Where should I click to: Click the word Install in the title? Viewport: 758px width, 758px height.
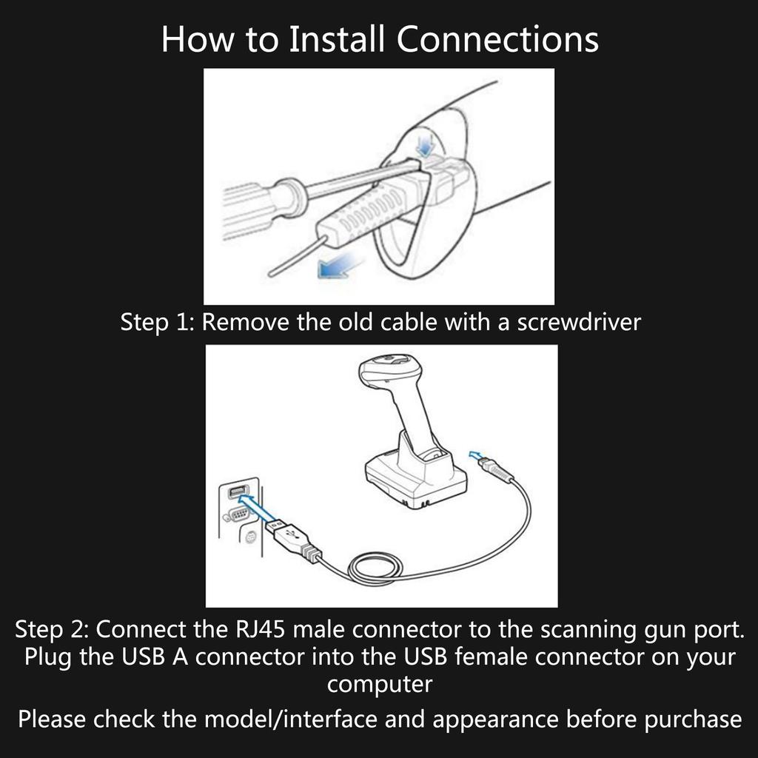tap(338, 39)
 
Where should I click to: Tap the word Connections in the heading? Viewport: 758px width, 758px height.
tap(497, 39)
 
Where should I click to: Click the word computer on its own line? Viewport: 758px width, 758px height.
tap(379, 684)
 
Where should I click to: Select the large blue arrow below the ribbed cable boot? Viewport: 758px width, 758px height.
tap(338, 266)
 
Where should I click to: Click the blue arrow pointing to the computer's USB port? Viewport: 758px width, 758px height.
tap(259, 509)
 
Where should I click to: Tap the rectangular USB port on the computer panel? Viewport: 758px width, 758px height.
tap(236, 493)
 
